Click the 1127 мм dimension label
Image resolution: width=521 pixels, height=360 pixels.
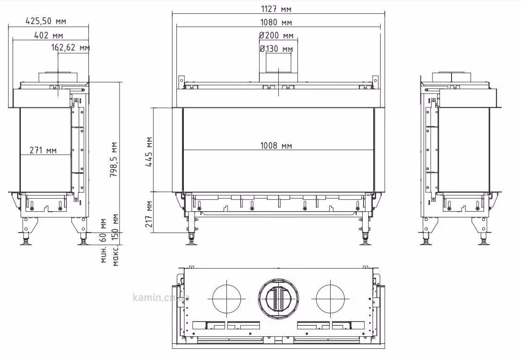[276, 9]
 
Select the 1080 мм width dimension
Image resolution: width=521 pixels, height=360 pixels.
[276, 22]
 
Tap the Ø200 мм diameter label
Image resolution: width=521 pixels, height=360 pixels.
[276, 35]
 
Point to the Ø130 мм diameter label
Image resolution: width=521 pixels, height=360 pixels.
[276, 49]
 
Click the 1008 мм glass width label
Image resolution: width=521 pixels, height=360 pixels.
[276, 145]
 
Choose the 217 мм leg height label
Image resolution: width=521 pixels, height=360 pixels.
[149, 214]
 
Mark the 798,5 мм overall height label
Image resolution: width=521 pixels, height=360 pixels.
[114, 159]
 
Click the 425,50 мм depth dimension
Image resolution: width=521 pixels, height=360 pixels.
[46, 21]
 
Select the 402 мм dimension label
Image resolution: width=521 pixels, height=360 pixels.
[49, 35]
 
